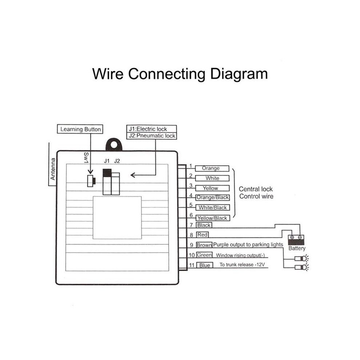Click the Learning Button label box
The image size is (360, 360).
tap(80, 129)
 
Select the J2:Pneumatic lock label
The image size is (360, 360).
tap(152, 136)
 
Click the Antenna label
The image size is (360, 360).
tap(53, 169)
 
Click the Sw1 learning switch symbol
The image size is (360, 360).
tap(91, 181)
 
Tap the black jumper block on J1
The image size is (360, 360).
tap(107, 173)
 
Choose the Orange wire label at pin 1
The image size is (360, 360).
tap(212, 168)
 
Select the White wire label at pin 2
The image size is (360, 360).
tap(212, 178)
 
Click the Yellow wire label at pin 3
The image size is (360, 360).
tap(212, 188)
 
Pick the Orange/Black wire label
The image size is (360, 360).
tap(212, 197)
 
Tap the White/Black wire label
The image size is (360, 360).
tap(213, 208)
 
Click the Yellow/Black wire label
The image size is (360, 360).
tap(213, 218)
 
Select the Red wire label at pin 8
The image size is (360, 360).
tap(202, 235)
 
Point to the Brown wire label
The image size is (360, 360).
tap(204, 245)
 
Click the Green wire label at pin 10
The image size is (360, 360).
tap(204, 255)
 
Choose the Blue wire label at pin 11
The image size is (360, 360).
tap(205, 265)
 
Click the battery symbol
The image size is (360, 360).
tap(296, 240)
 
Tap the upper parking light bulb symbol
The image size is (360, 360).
tap(302, 259)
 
